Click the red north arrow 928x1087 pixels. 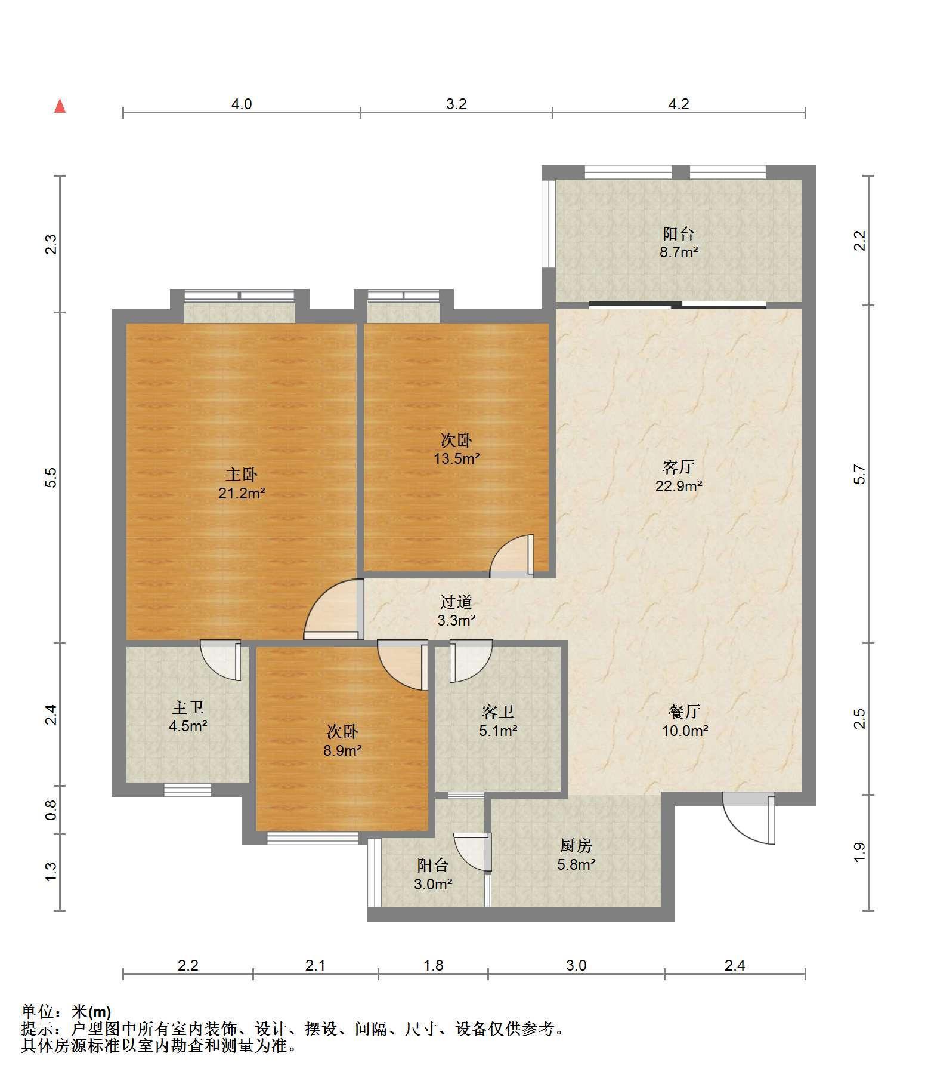60,106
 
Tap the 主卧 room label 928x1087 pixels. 242,475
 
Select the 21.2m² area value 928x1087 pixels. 242,494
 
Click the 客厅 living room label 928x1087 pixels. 679,466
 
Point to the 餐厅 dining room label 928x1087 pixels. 684,712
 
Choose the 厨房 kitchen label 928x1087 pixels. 576,845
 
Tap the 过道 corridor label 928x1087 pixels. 456,602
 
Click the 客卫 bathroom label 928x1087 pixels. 498,712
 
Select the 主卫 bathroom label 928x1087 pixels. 188,708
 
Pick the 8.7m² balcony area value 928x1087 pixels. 679,252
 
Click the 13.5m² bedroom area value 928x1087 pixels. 457,459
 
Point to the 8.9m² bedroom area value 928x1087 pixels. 342,750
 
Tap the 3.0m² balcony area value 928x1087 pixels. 433,884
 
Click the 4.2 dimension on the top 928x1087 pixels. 679,104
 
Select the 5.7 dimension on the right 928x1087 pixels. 859,475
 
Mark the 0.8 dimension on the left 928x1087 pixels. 51,809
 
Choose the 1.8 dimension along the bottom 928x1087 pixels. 433,965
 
